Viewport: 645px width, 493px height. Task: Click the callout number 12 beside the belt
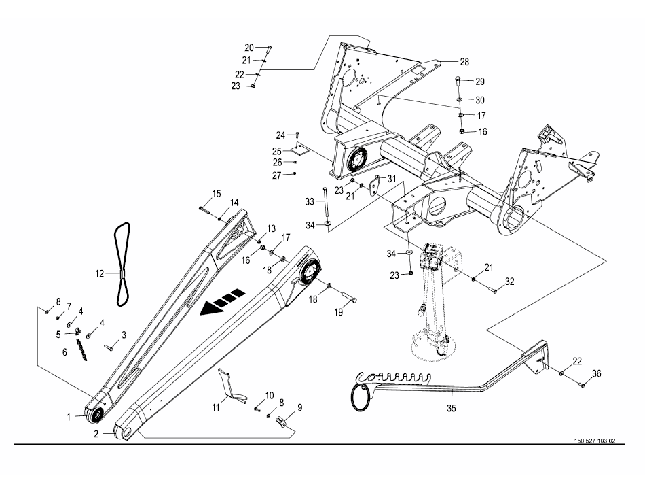pyautogui.click(x=100, y=273)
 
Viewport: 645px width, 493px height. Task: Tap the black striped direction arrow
pyautogui.click(x=223, y=303)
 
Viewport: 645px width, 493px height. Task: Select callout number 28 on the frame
pyautogui.click(x=464, y=62)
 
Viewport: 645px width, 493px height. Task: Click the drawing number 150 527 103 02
pyautogui.click(x=595, y=440)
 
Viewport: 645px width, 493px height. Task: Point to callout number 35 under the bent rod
pyautogui.click(x=451, y=408)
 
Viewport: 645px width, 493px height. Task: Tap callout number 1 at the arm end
pyautogui.click(x=69, y=418)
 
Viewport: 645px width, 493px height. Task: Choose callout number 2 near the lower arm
pyautogui.click(x=96, y=434)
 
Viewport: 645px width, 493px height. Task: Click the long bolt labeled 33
pyautogui.click(x=326, y=201)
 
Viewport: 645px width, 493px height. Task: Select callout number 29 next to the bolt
pyautogui.click(x=480, y=82)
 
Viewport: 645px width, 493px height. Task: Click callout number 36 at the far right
pyautogui.click(x=597, y=373)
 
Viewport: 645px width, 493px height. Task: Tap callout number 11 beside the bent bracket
pyautogui.click(x=216, y=408)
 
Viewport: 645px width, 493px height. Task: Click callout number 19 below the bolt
pyautogui.click(x=339, y=313)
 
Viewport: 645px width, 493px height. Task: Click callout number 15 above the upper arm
pyautogui.click(x=217, y=194)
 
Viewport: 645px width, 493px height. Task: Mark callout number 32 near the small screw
pyautogui.click(x=510, y=282)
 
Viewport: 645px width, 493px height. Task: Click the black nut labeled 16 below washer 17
pyautogui.click(x=462, y=131)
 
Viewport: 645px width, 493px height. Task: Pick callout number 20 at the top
pyautogui.click(x=249, y=48)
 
